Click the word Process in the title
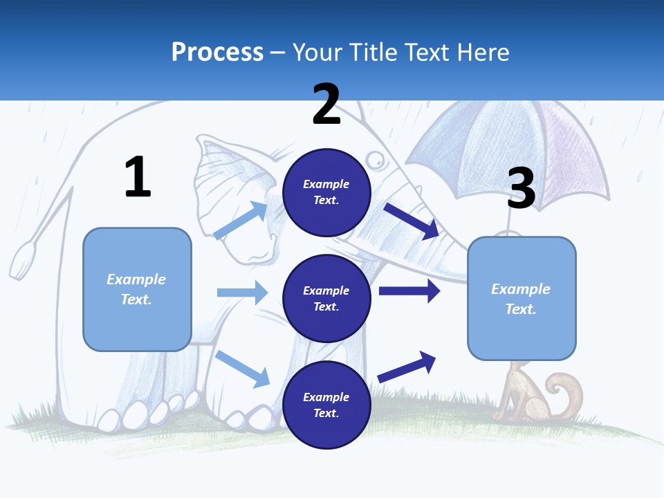coord(217,52)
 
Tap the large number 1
coord(138,177)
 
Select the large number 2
coord(326,104)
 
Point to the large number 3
coord(521,188)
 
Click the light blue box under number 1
coord(137,289)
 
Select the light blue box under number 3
coord(522,298)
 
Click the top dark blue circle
coord(326,192)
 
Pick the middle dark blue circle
coord(326,298)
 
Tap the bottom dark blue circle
coord(326,405)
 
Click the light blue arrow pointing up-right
coord(241,221)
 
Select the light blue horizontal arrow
coord(242,293)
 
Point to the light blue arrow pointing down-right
coord(243,369)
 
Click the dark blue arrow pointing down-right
coord(411,221)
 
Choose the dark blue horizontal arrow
coord(409,290)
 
